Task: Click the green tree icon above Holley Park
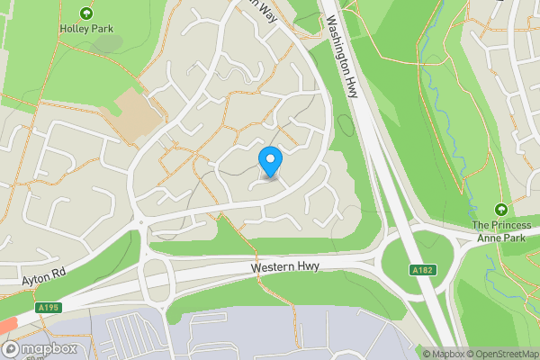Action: pos(85,13)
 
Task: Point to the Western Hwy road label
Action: pos(284,267)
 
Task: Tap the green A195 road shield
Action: pos(49,308)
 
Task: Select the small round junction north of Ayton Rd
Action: pos(141,224)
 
